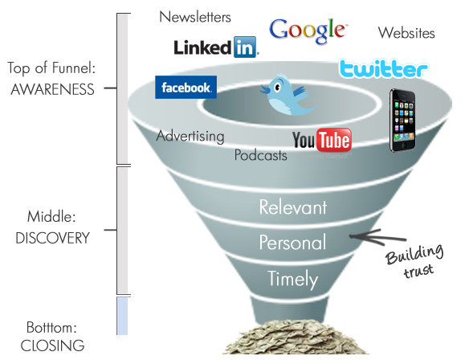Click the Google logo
coord(308,31)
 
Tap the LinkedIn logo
coord(215,47)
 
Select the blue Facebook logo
coord(186,88)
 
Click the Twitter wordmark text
coord(383,69)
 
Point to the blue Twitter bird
coord(286,95)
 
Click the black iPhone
coord(402,121)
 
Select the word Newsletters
coord(195,17)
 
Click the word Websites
coord(406,33)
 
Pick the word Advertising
coord(190,136)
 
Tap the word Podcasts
coord(260,155)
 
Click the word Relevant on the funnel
coord(293,207)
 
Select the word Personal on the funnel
coord(292,242)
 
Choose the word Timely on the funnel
coord(292,279)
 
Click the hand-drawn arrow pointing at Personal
coord(378,237)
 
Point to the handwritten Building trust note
coord(415,261)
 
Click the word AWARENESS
coord(52,89)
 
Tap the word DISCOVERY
coord(52,238)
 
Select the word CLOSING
coord(52,346)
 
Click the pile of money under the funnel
coord(295,337)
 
